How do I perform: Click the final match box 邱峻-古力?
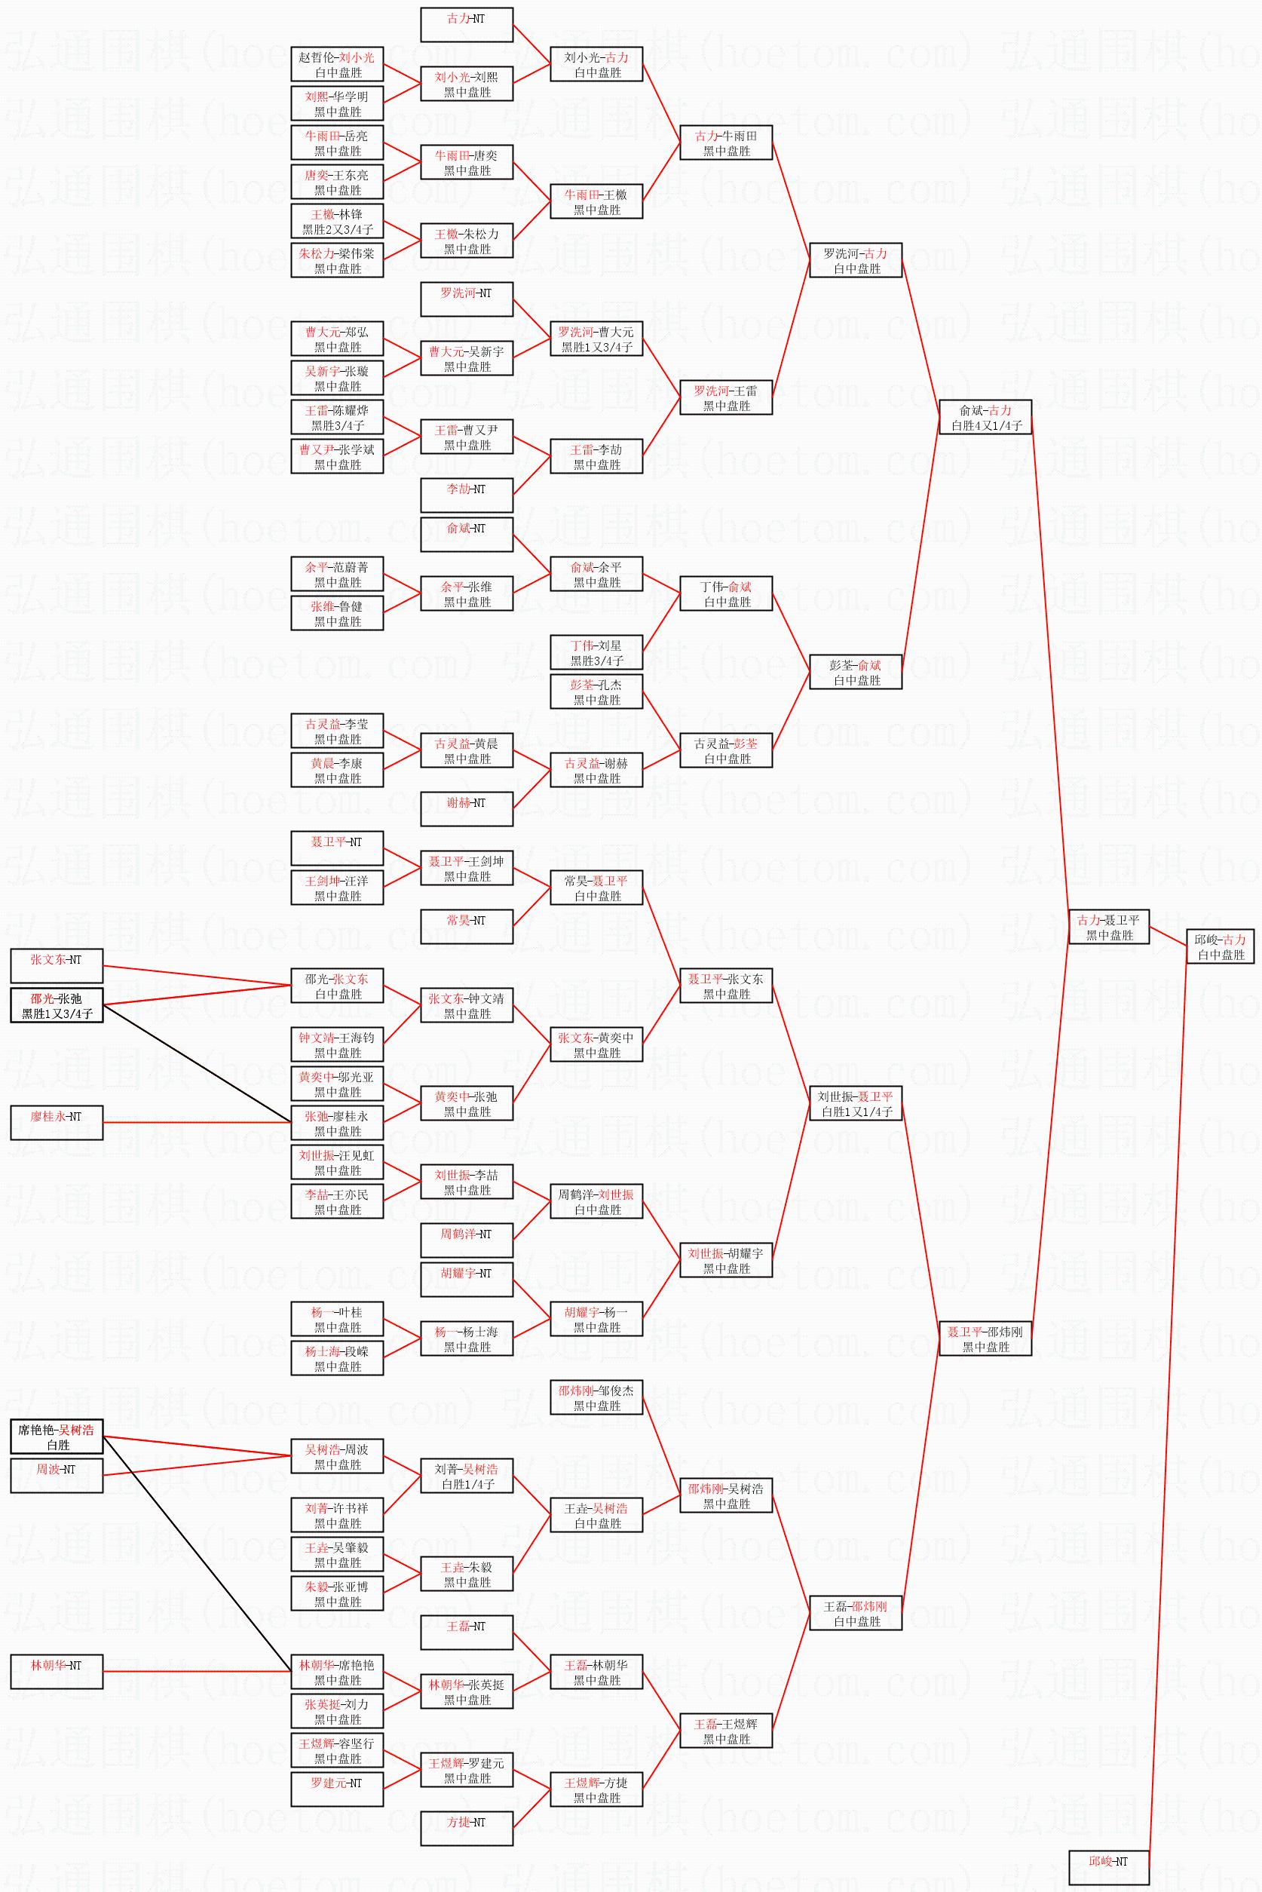point(1220,947)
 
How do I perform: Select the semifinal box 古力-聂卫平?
point(1109,928)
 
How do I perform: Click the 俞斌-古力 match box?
point(985,418)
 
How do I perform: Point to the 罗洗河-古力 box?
point(856,261)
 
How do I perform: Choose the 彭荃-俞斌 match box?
point(856,672)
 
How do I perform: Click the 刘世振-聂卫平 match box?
point(856,1104)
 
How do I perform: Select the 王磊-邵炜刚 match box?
point(856,1614)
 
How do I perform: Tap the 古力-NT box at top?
point(467,25)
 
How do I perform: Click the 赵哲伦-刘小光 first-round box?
point(337,64)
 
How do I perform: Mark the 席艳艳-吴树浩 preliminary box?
point(57,1437)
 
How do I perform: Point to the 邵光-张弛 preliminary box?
point(57,1006)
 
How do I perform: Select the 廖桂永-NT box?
point(57,1123)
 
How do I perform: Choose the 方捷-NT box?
point(467,1829)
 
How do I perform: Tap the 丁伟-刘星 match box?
point(596,653)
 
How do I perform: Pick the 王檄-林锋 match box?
point(337,222)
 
